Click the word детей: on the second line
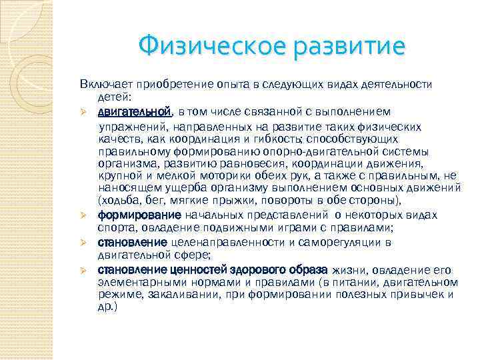coord(114,98)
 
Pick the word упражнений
coord(129,127)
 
